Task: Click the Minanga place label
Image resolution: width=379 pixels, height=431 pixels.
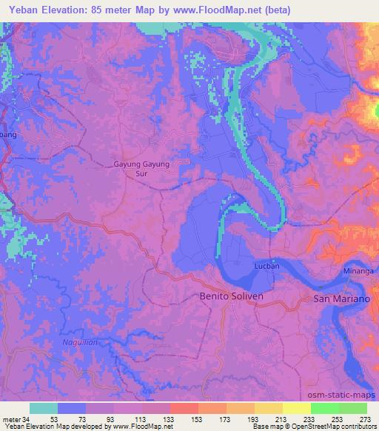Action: coord(358,272)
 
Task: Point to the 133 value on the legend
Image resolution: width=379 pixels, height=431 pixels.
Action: coord(168,418)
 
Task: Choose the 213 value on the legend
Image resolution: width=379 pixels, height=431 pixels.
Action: coord(282,418)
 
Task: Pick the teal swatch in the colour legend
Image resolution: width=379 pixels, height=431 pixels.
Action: coord(44,408)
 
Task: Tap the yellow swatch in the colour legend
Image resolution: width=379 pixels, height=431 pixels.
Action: coord(296,408)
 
